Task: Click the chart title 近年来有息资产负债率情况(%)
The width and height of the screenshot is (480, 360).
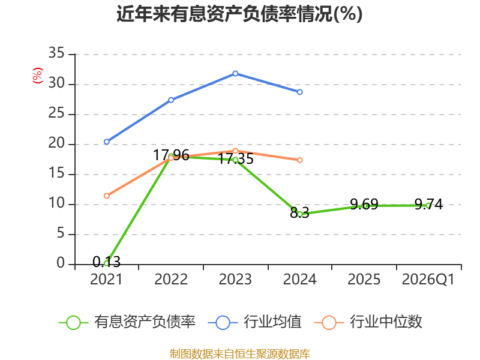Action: click(239, 14)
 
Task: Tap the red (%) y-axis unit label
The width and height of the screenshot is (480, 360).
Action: click(38, 76)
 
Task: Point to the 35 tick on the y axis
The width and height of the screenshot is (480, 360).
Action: click(56, 53)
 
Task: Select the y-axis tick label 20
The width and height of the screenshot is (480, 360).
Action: click(56, 143)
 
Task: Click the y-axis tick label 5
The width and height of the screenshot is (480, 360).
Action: click(61, 233)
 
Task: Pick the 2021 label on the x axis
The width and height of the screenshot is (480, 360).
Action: click(106, 279)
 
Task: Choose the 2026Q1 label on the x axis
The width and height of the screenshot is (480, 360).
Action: click(428, 279)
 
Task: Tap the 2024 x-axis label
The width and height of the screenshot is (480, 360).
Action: click(299, 279)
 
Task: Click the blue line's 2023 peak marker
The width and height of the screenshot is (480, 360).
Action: click(235, 73)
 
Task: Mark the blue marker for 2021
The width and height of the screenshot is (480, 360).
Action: click(107, 142)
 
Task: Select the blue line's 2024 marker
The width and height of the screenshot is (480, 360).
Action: click(299, 92)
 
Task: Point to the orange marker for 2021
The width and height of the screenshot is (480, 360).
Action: click(107, 196)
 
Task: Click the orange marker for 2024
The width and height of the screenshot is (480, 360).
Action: click(299, 160)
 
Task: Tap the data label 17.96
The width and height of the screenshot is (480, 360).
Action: click(171, 155)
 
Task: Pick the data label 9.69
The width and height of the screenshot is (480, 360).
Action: click(364, 204)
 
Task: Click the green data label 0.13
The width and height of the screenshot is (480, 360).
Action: click(107, 262)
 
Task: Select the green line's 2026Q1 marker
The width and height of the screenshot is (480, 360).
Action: click(428, 206)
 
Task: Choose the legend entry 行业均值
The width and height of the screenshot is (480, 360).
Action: click(254, 322)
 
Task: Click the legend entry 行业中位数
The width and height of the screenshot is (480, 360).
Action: click(368, 322)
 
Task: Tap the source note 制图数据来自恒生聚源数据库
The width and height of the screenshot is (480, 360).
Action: click(239, 354)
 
